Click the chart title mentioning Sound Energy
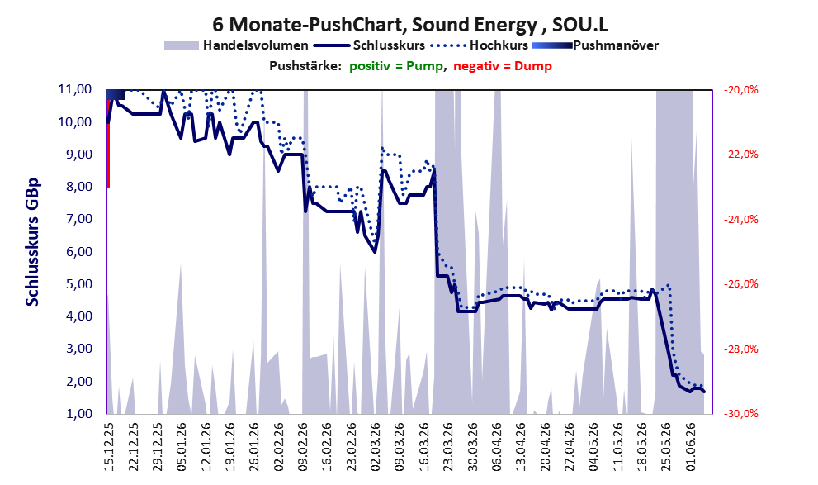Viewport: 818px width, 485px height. pyautogui.click(x=409, y=25)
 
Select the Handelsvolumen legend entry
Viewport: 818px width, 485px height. pyautogui.click(x=236, y=45)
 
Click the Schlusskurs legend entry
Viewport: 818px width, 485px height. pyautogui.click(x=370, y=45)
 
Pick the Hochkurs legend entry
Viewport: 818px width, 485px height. pyautogui.click(x=479, y=45)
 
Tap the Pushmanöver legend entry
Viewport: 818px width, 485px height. pyautogui.click(x=595, y=45)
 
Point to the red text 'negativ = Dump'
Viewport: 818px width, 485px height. pyautogui.click(x=503, y=66)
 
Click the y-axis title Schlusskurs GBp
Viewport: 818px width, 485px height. pyautogui.click(x=32, y=242)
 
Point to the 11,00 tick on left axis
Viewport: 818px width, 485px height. pyautogui.click(x=74, y=89)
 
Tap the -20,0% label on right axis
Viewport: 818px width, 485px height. pyautogui.click(x=740, y=90)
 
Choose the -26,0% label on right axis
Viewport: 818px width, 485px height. pyautogui.click(x=740, y=284)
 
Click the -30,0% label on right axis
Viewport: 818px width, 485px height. pyautogui.click(x=740, y=413)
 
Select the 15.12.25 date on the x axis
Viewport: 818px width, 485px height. pyautogui.click(x=109, y=447)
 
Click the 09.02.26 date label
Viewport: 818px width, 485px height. pyautogui.click(x=304, y=447)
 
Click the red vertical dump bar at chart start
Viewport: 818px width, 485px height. pyautogui.click(x=108, y=144)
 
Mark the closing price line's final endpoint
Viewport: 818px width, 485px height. pyautogui.click(x=704, y=392)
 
